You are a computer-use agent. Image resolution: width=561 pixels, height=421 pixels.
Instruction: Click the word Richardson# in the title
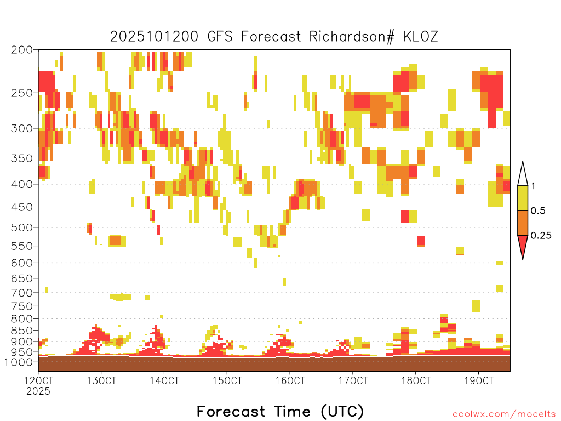click(352, 37)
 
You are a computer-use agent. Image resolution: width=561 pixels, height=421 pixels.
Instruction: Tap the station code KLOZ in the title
click(421, 37)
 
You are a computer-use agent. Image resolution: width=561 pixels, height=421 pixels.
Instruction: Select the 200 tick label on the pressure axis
click(22, 50)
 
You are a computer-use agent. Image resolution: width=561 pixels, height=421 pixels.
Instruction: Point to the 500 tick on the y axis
click(22, 227)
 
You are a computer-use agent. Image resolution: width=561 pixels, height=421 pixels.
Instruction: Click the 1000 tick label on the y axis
click(19, 362)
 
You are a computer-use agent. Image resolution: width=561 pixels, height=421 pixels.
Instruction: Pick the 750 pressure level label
click(22, 306)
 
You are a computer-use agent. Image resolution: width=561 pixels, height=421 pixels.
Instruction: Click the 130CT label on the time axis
click(101, 380)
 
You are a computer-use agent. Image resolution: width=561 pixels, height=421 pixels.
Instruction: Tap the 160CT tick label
click(290, 380)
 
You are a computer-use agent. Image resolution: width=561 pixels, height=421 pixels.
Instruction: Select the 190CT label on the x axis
click(479, 380)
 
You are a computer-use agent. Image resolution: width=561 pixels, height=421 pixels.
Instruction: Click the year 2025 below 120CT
click(38, 391)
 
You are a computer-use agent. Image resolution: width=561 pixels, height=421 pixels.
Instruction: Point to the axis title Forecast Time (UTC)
click(280, 411)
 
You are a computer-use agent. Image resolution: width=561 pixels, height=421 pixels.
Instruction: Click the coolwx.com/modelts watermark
click(504, 414)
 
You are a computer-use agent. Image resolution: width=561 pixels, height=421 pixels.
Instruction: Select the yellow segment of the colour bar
click(523, 198)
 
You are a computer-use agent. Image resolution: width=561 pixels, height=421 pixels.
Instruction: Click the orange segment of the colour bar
click(523, 223)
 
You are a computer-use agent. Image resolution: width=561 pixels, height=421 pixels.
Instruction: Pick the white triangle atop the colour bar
click(523, 174)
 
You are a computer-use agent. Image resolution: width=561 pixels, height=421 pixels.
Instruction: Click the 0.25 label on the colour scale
click(541, 236)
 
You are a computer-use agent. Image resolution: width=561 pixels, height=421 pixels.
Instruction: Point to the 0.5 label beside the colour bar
click(538, 211)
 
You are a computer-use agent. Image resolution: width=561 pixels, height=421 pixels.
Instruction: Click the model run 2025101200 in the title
click(154, 37)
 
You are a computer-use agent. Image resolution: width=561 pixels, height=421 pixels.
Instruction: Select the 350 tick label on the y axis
click(22, 158)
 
